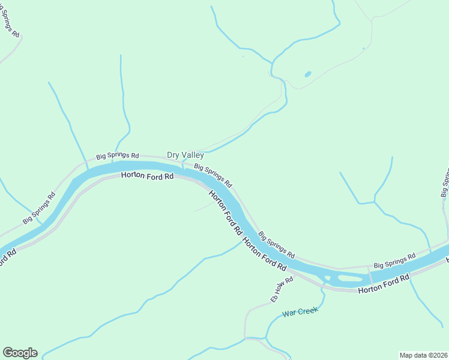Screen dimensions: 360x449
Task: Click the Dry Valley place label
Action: click(185, 155)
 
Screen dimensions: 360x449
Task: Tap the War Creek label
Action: click(299, 313)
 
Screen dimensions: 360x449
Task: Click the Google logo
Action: click(20, 353)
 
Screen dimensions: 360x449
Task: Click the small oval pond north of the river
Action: click(308, 74)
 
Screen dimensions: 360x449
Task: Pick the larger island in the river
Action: click(349, 278)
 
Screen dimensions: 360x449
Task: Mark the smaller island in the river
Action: click(327, 277)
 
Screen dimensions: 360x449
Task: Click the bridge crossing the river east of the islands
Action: click(369, 276)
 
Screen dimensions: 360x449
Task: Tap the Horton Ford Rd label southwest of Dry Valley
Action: click(147, 176)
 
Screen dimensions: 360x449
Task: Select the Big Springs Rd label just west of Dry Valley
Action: click(117, 155)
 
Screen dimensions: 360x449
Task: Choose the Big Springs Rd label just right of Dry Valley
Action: click(212, 175)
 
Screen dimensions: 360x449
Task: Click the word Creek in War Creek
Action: click(307, 311)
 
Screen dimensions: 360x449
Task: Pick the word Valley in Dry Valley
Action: click(193, 155)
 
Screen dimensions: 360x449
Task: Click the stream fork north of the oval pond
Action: click(273, 62)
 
